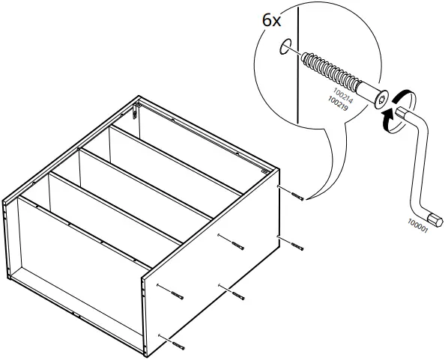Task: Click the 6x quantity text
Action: [x=270, y=20]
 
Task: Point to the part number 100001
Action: [x=417, y=225]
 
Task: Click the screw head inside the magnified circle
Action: [x=380, y=98]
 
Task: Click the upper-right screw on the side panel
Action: [x=299, y=197]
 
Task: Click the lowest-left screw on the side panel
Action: [x=177, y=344]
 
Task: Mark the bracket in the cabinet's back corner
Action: [x=134, y=112]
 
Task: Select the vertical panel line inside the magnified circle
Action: [x=297, y=75]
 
